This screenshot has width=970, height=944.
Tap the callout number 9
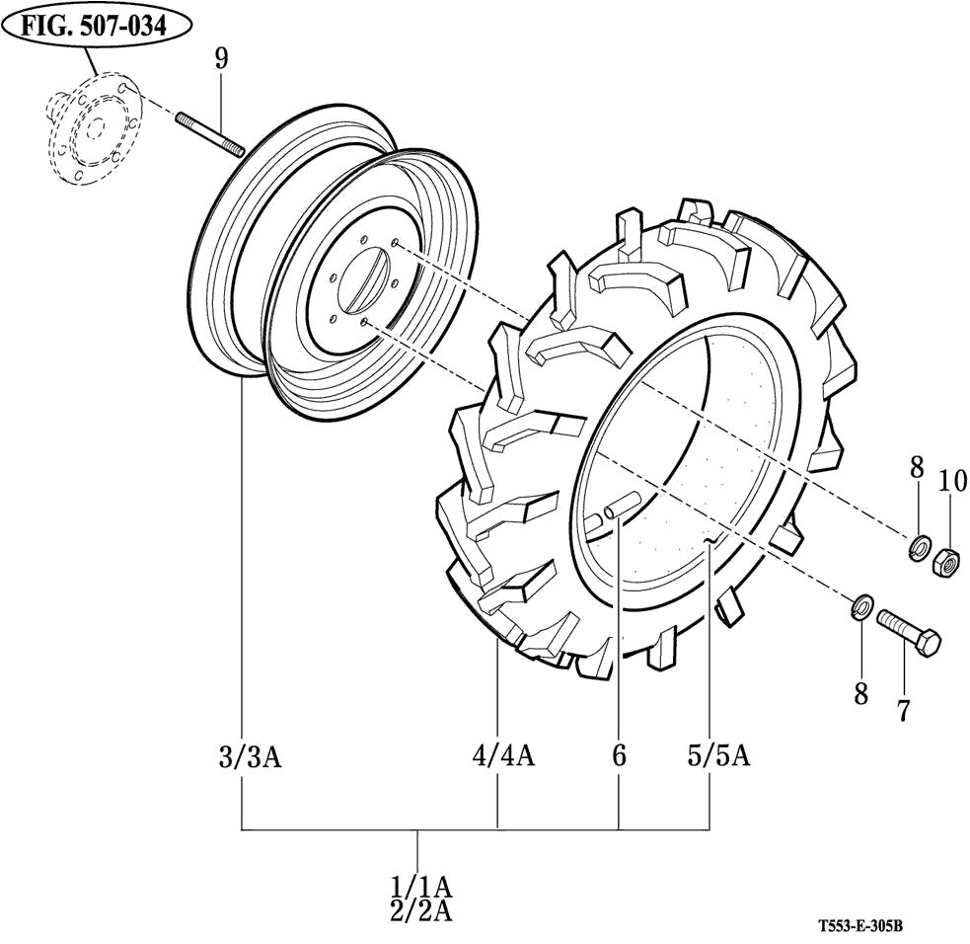[x=221, y=58]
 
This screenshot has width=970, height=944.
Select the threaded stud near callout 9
[x=210, y=133]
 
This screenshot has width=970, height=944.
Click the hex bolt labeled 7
[x=908, y=632]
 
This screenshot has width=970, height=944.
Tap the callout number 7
[x=902, y=709]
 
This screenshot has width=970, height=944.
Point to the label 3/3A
[x=250, y=757]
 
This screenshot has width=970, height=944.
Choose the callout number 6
[x=619, y=757]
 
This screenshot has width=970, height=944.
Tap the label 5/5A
[x=718, y=756]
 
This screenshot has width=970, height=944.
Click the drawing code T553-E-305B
[x=860, y=927]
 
